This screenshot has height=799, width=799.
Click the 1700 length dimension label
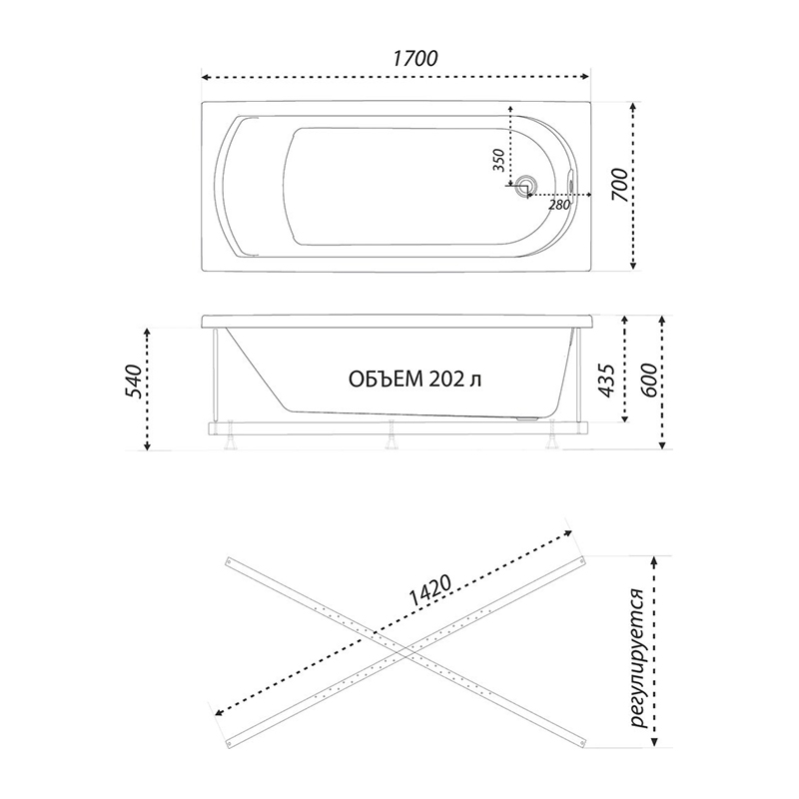(x=414, y=59)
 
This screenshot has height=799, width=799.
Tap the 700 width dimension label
(x=620, y=184)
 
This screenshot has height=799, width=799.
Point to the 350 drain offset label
(x=499, y=160)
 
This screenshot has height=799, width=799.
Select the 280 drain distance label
(x=558, y=206)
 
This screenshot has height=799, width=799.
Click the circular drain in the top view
(x=525, y=186)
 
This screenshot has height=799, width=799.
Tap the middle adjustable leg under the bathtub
(x=391, y=434)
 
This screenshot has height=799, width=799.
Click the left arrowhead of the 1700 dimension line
(x=207, y=78)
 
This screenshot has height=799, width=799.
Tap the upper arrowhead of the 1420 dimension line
(x=566, y=533)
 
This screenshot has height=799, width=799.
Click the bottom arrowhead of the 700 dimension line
(x=633, y=265)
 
